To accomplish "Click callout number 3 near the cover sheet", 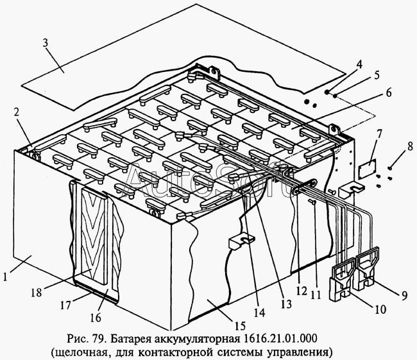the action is (46, 43).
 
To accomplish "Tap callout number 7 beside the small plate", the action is (379, 135).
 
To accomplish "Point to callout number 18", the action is (37, 293).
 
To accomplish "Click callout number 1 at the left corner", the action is (6, 277).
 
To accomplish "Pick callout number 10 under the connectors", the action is (380, 309).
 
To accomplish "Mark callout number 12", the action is (302, 291).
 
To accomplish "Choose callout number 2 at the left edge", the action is (17, 113).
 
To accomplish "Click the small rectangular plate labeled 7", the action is (367, 167).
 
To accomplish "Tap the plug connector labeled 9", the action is (366, 269).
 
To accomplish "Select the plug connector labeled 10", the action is (342, 283).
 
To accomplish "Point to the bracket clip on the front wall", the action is (241, 241).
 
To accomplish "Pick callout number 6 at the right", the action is (389, 93).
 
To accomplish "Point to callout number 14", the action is (259, 313).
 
